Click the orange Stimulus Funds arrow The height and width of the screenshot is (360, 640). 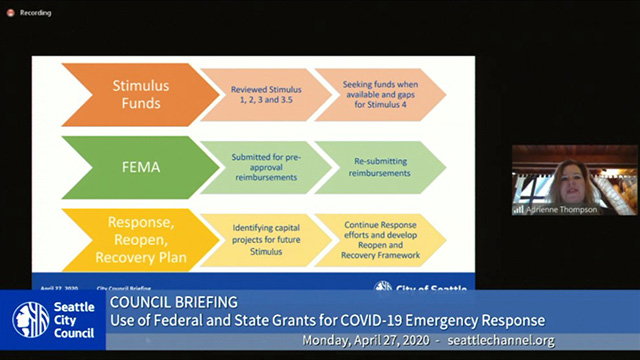pyautogui.click(x=128, y=94)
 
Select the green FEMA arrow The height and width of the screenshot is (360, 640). pyautogui.click(x=128, y=165)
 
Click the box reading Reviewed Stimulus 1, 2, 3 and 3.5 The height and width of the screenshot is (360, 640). pyautogui.click(x=258, y=94)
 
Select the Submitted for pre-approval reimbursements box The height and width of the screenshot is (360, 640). pyautogui.click(x=258, y=165)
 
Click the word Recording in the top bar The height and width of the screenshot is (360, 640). pyautogui.click(x=36, y=13)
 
